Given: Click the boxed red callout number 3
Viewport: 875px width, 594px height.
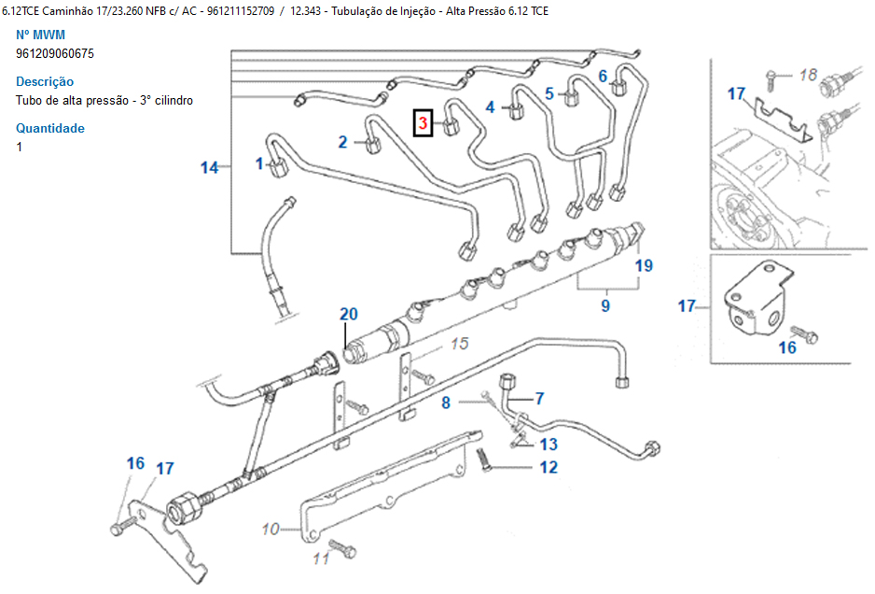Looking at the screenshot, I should click(424, 122).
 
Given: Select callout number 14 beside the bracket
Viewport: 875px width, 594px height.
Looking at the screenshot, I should click(210, 167).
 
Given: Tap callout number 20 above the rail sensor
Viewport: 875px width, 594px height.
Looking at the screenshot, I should click(348, 315).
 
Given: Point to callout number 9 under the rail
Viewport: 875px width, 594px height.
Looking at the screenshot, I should click(605, 304).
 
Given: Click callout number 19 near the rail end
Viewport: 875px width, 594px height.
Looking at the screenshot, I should click(644, 265).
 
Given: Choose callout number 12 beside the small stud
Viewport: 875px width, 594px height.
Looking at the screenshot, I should click(549, 467).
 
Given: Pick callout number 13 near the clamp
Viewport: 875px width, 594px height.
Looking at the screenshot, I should click(549, 445).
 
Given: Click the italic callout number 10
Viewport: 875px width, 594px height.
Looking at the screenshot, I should click(271, 530).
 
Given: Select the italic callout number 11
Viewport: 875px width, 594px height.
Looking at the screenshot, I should click(320, 559).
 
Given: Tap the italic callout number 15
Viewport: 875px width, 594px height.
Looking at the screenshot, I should click(459, 345).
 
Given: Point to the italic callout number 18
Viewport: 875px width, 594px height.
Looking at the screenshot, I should click(808, 75).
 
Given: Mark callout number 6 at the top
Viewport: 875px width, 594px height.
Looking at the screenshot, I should click(603, 76).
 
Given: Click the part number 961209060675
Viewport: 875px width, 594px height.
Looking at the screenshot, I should click(55, 53).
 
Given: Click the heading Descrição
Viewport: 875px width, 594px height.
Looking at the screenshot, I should click(45, 81).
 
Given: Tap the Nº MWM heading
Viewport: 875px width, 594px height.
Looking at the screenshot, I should click(41, 35).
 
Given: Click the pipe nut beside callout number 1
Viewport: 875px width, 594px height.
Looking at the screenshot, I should click(278, 169).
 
